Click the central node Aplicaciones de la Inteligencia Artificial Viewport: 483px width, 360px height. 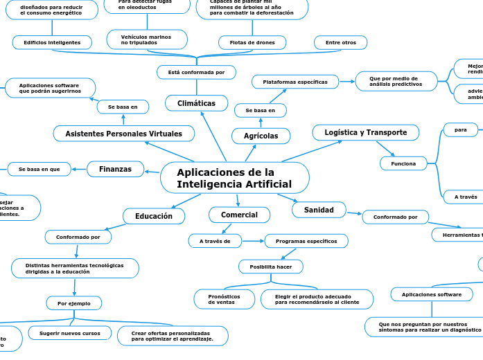click(x=234, y=178)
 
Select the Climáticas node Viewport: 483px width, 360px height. click(x=197, y=103)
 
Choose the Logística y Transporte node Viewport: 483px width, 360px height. click(x=365, y=132)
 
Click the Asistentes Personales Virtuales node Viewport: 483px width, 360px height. click(x=124, y=133)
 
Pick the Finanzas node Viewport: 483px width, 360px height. click(x=115, y=169)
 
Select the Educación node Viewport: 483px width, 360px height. click(x=154, y=216)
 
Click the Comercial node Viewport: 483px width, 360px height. click(x=239, y=215)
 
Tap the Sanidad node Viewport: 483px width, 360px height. click(x=319, y=209)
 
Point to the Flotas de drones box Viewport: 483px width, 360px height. click(x=252, y=43)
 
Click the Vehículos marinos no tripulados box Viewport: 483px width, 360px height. click(x=147, y=39)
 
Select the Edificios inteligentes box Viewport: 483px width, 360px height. click(x=52, y=43)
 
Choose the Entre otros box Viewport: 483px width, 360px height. click(x=340, y=43)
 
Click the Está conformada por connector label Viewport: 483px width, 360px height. click(x=196, y=72)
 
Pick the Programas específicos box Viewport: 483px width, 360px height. click(x=306, y=241)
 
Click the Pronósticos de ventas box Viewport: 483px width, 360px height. click(x=224, y=299)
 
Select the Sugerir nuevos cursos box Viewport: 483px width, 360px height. click(x=69, y=333)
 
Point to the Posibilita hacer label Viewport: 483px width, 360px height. click(x=271, y=267)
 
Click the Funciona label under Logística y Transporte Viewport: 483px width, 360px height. click(x=403, y=163)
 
